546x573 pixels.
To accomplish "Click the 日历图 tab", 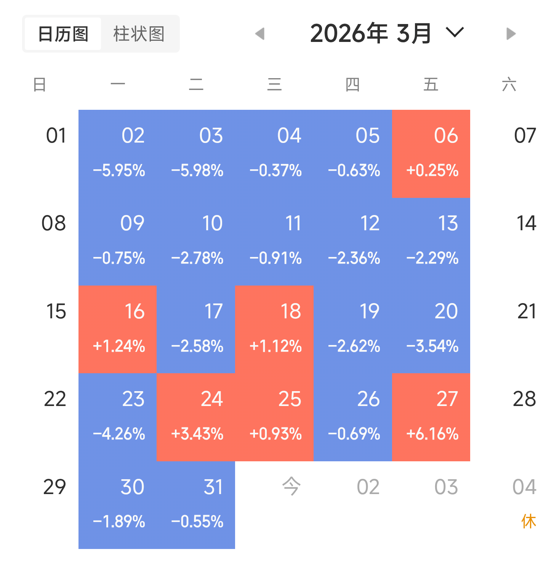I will point(63,34).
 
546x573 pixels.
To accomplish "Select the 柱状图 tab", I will point(139,34).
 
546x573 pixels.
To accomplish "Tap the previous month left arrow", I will point(260,34).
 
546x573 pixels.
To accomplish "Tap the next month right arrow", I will point(511,34).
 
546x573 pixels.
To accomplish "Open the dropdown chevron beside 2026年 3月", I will point(455,32).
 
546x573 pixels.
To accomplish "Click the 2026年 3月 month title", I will point(370,34).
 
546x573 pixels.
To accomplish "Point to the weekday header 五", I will point(431,84).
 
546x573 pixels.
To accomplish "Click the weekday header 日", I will point(40,84).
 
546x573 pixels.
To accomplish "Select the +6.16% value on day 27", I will point(432,434).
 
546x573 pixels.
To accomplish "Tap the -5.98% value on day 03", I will point(197,170).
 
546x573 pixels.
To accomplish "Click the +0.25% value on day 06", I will point(432,170).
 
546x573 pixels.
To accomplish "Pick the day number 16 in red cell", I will point(134,311).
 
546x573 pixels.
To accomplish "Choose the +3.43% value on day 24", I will point(197,434).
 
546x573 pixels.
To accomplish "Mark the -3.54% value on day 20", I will point(432,346).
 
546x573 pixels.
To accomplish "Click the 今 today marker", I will point(291,486).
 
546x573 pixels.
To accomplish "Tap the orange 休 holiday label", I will point(528,521).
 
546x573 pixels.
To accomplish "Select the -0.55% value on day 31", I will point(197,522).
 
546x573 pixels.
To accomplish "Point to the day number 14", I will point(526,223).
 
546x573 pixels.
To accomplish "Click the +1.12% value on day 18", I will point(275,346).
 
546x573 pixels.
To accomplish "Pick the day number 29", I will point(54,487).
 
